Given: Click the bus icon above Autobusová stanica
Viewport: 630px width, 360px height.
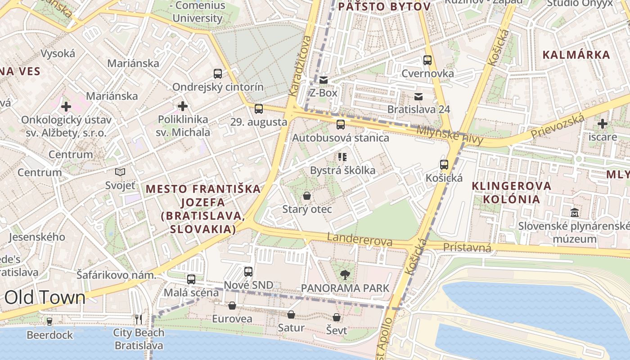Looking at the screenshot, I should pyautogui.click(x=341, y=125).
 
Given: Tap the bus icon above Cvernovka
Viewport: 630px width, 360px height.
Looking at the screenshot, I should pyautogui.click(x=427, y=60).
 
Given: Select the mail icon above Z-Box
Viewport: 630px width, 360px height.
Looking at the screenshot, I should pyautogui.click(x=324, y=80).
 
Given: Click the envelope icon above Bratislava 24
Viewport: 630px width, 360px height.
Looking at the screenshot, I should pyautogui.click(x=418, y=96).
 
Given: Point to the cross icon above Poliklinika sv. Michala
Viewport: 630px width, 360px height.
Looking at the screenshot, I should pyautogui.click(x=183, y=107).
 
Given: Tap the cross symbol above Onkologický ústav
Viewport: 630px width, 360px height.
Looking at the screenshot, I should pyautogui.click(x=66, y=107).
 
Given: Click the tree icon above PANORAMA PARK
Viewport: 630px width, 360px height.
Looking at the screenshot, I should pyautogui.click(x=345, y=274).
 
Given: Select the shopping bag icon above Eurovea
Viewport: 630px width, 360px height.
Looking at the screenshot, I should pyautogui.click(x=232, y=306).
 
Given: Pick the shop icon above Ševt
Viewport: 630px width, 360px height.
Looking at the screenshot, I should pyautogui.click(x=337, y=317).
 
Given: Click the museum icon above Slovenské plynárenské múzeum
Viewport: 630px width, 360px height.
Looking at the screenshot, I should pyautogui.click(x=575, y=212).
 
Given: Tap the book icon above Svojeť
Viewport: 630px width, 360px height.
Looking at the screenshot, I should pyautogui.click(x=120, y=172).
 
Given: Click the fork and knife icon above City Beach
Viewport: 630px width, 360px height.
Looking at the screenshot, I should pyautogui.click(x=139, y=319).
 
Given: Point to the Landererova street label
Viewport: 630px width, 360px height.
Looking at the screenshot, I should pyautogui.click(x=360, y=239).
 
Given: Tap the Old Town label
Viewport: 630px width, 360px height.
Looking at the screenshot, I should pyautogui.click(x=45, y=297).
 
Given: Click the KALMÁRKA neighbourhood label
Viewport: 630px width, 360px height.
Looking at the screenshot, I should pyautogui.click(x=576, y=55).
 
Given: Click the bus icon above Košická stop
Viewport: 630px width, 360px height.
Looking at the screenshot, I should pyautogui.click(x=444, y=165).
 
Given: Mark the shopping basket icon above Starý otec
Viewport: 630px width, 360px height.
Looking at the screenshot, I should pyautogui.click(x=307, y=196).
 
